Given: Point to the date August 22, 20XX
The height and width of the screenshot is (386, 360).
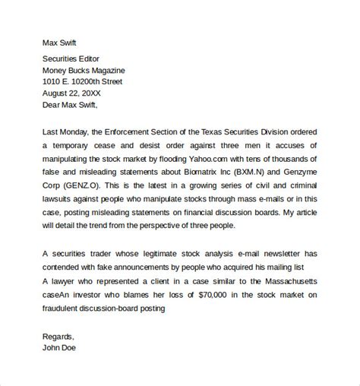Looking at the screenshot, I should tap(76, 94).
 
